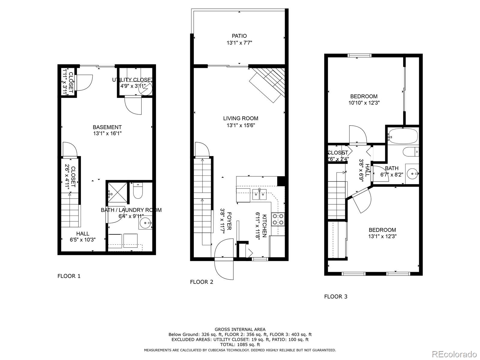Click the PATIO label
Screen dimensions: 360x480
(x=239, y=36)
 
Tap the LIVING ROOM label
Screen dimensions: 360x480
(x=240, y=118)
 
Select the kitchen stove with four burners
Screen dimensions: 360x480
(x=278, y=219)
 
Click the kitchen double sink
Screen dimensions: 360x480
(x=259, y=194)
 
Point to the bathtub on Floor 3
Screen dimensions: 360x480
(x=403, y=136)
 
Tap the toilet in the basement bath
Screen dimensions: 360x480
(x=138, y=192)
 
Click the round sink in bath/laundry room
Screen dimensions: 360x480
(x=146, y=223)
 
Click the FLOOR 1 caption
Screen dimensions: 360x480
(x=69, y=276)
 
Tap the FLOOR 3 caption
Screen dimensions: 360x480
(x=336, y=297)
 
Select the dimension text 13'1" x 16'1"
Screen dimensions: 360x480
(x=107, y=133)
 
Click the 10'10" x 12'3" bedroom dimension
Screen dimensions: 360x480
(x=364, y=103)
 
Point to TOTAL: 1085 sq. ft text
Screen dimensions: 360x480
(x=240, y=345)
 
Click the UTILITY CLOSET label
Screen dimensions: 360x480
(x=132, y=80)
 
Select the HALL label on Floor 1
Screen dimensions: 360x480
(x=82, y=234)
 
